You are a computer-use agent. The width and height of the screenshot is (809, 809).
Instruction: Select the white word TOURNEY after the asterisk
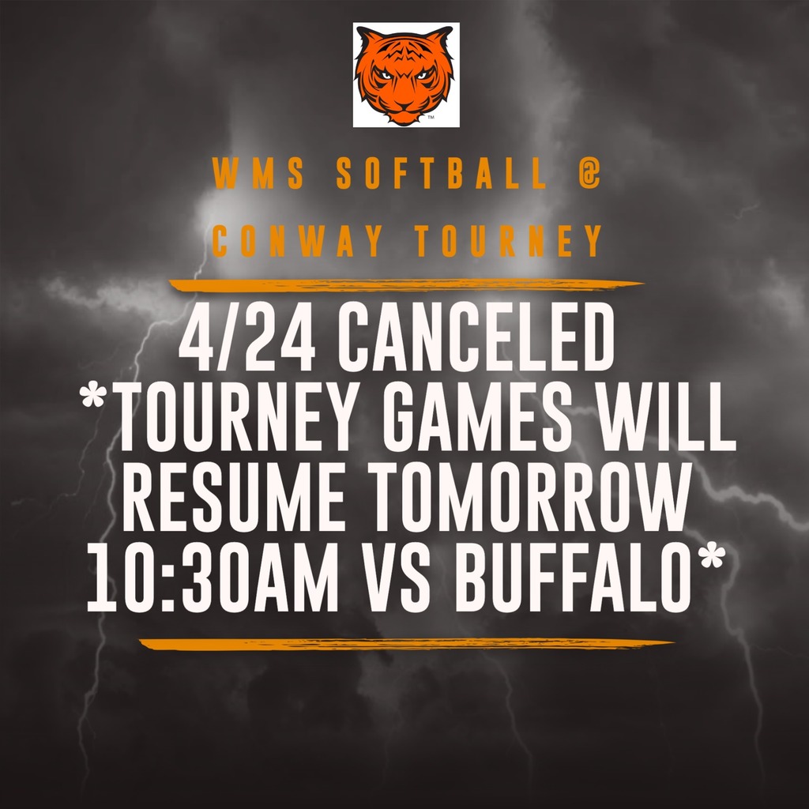(x=248, y=427)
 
